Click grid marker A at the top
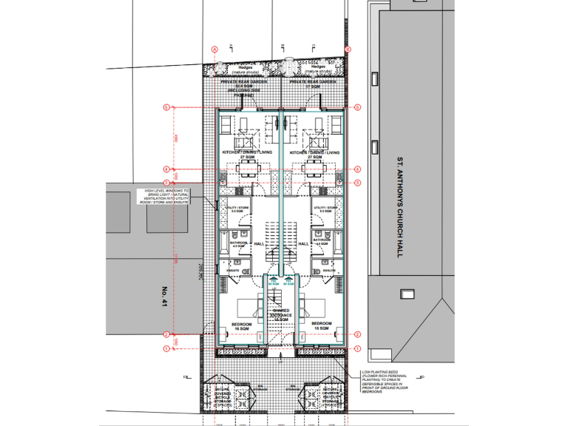click(x=215, y=50)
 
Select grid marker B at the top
click(x=348, y=50)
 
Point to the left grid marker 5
click(x=167, y=107)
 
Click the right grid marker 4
click(x=357, y=169)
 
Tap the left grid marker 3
click(x=167, y=182)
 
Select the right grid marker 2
click(x=357, y=334)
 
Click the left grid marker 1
click(x=167, y=348)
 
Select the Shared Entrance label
click(x=280, y=314)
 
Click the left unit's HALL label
click(x=259, y=243)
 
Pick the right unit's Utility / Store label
click(x=325, y=209)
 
